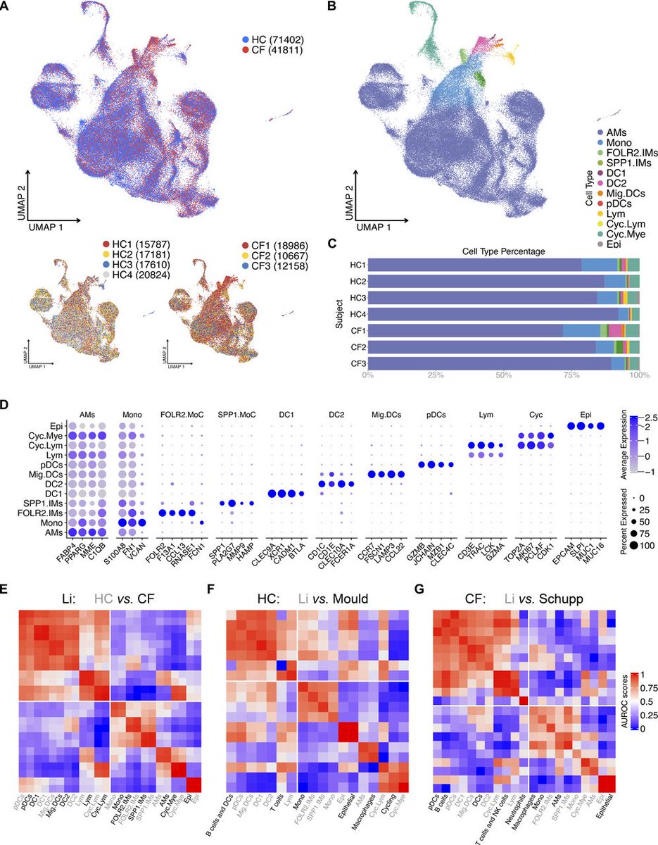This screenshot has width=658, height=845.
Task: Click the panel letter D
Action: (x=8, y=406)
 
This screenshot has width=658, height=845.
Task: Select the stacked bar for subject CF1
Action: (x=502, y=330)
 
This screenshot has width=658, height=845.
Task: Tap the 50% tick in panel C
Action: (x=502, y=375)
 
